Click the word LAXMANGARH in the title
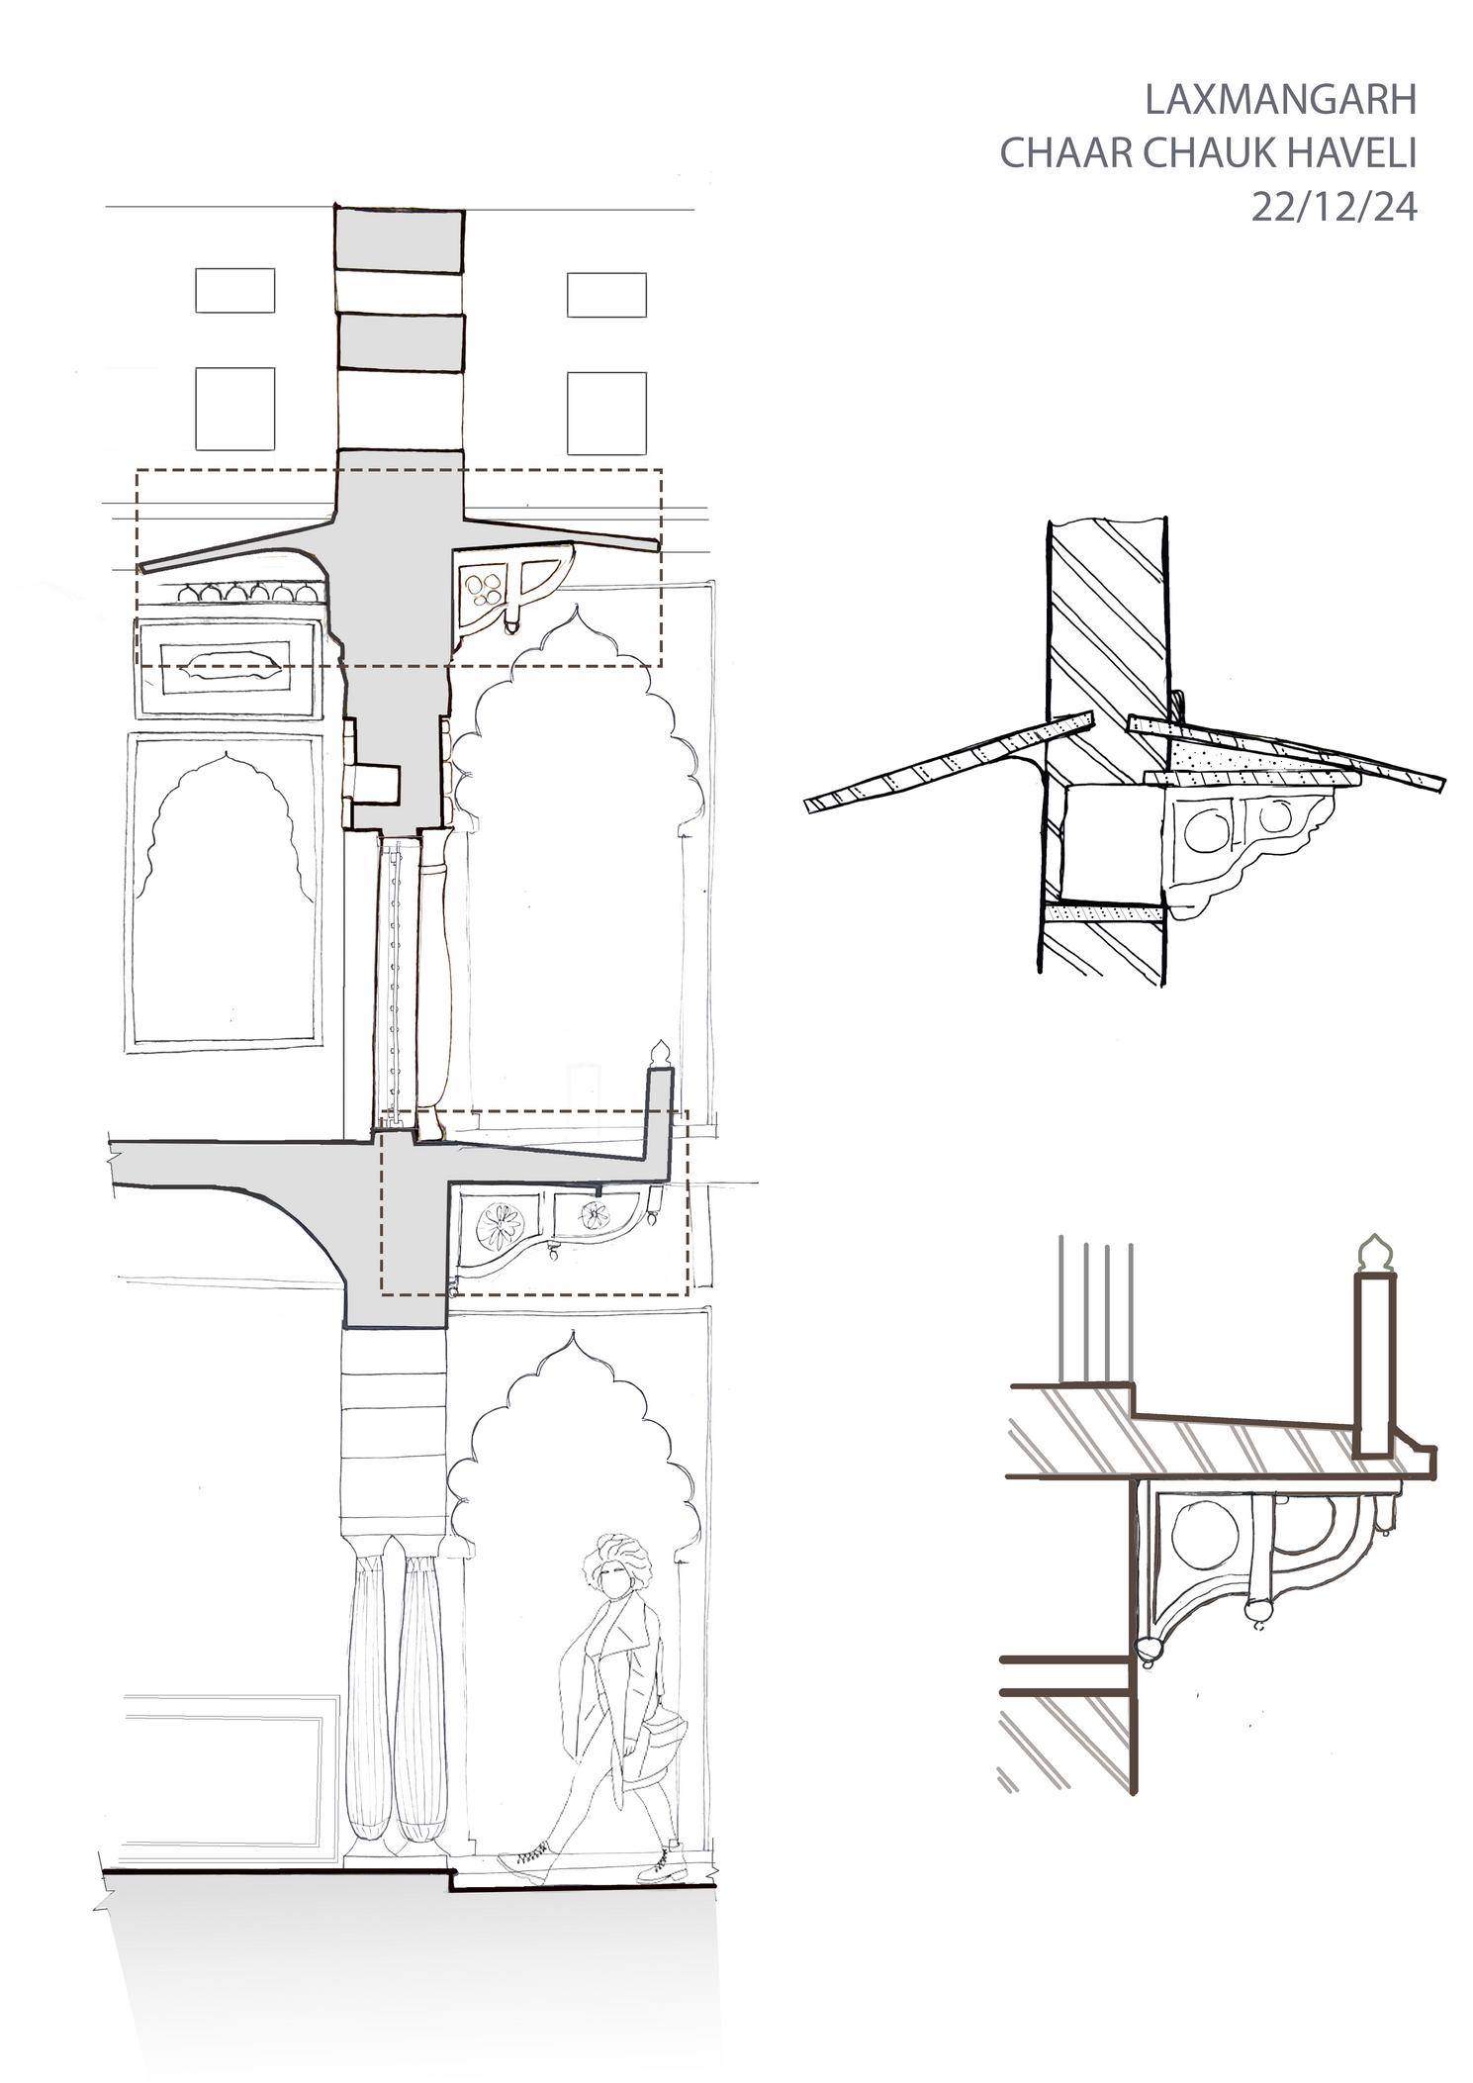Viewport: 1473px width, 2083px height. tap(1280, 100)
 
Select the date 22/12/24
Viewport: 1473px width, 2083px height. tap(1334, 208)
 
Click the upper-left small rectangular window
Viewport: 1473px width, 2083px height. tap(234, 290)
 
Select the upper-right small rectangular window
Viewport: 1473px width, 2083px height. tap(605, 294)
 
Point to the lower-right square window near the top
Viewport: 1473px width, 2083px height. tap(605, 413)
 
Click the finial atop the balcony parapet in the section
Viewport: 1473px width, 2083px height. tap(660, 1052)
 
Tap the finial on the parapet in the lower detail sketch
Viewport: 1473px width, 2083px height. tap(1373, 1255)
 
